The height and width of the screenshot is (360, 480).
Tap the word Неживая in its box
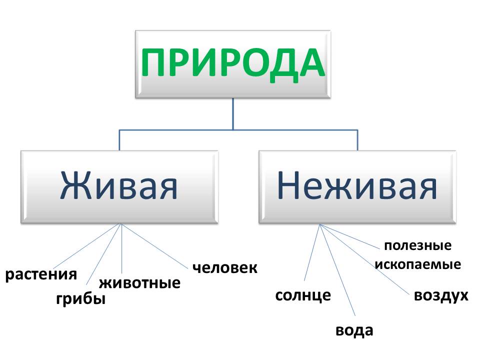click(357, 186)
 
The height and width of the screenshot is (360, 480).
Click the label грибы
click(80, 299)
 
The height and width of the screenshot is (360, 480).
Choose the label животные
click(139, 283)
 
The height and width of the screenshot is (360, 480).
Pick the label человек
click(224, 267)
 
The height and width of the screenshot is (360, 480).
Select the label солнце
click(303, 295)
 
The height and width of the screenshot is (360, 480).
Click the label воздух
click(441, 295)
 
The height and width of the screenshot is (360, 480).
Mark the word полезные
click(417, 246)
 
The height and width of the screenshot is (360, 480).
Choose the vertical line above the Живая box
click(119, 140)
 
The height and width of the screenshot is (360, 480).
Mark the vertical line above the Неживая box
click(357, 140)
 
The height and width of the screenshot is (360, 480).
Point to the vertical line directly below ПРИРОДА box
click(233, 114)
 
